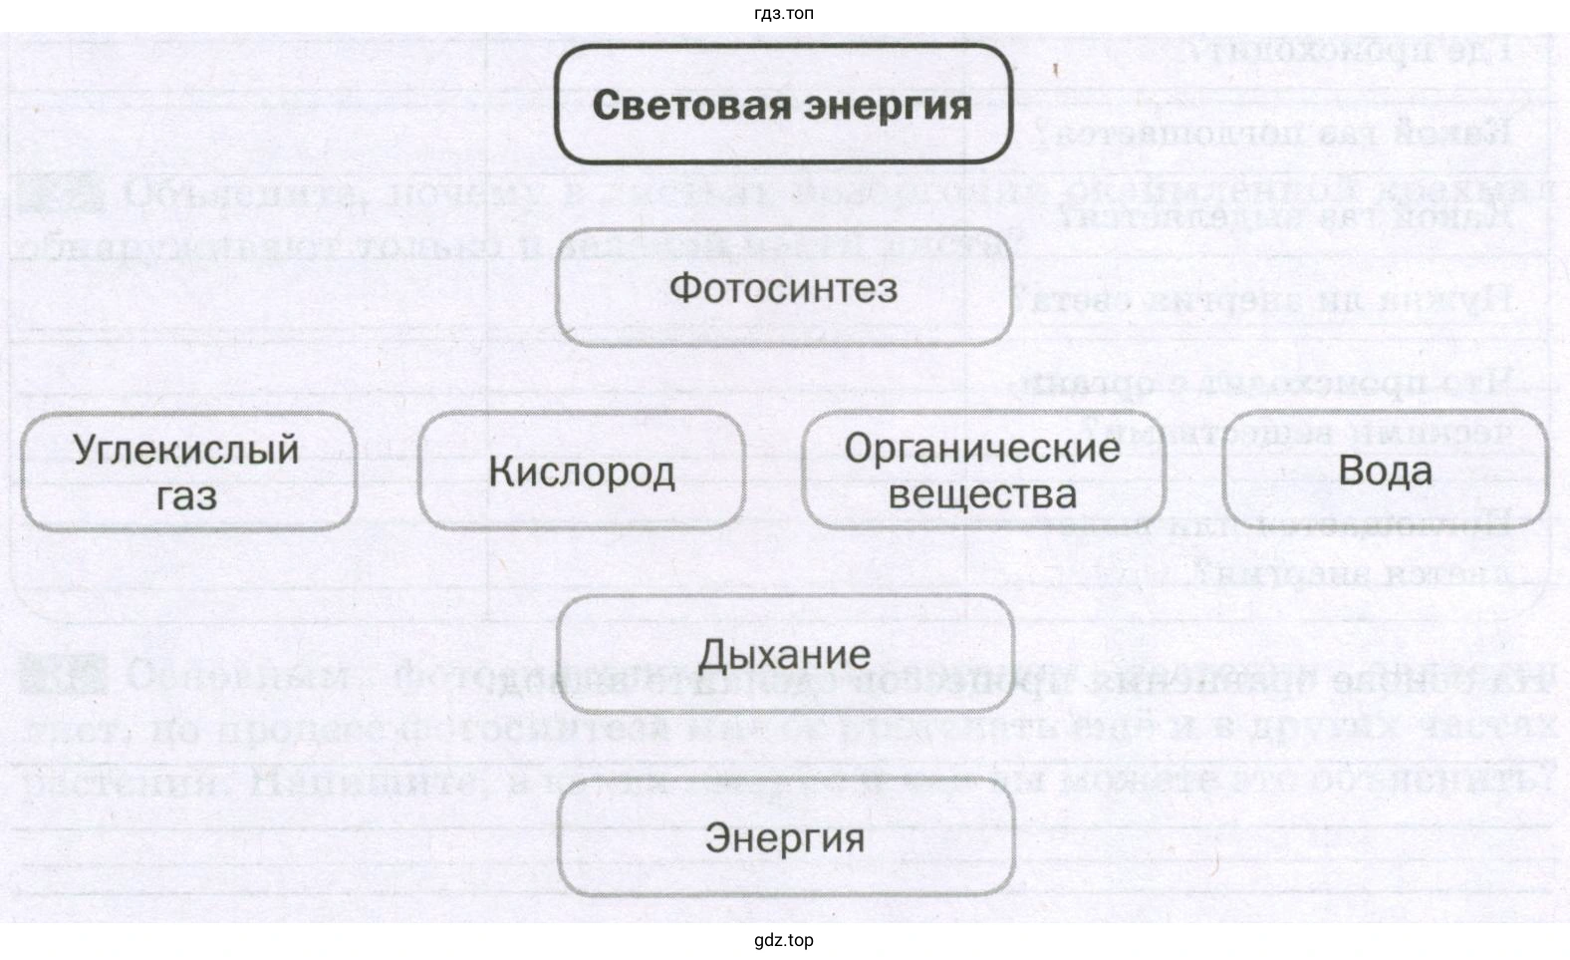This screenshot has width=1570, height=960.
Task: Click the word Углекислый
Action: [186, 450]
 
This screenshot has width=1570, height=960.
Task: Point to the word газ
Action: [186, 495]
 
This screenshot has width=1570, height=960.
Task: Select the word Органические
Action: [982, 449]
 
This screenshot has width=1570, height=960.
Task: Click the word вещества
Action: [982, 494]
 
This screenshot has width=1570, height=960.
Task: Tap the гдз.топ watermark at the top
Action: [785, 14]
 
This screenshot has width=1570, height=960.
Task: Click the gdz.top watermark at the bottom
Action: [784, 940]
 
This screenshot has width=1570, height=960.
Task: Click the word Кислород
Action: [581, 472]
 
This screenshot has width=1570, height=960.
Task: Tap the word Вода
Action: [1385, 471]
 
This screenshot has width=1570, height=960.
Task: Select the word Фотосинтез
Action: [784, 289]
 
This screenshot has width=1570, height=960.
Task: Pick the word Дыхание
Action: [785, 655]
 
